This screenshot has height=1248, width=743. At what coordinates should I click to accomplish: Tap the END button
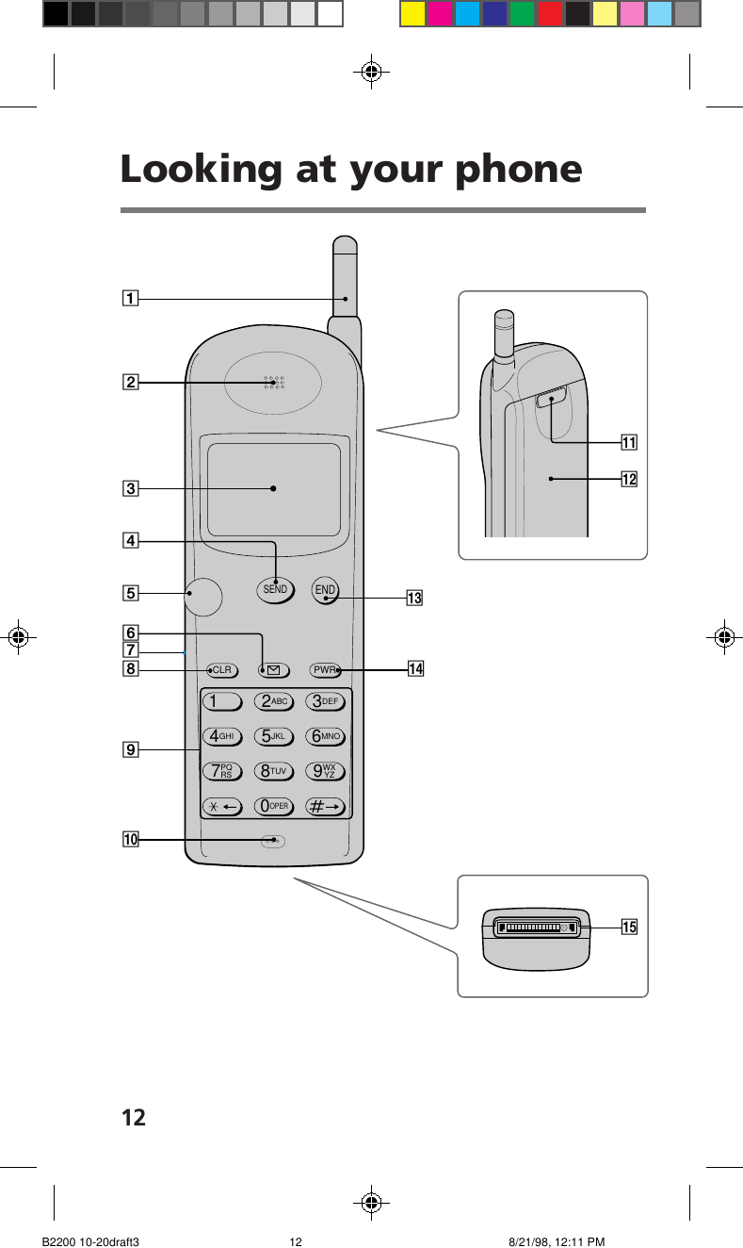pyautogui.click(x=326, y=591)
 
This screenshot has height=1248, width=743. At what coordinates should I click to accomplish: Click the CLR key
pyautogui.click(x=222, y=670)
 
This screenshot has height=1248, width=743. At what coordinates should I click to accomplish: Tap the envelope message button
pyautogui.click(x=273, y=670)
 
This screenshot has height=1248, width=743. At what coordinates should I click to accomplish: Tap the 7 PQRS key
pyautogui.click(x=223, y=772)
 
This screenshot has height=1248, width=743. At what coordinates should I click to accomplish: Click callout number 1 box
pyautogui.click(x=129, y=299)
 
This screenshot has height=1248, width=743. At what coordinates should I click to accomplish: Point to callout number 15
pyautogui.click(x=628, y=928)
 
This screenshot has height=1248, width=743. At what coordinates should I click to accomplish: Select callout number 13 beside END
pyautogui.click(x=413, y=598)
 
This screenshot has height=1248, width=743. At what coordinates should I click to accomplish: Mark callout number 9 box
pyautogui.click(x=129, y=749)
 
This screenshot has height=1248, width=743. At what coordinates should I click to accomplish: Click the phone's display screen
pyautogui.click(x=274, y=488)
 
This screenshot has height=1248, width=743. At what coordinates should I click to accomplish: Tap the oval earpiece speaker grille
pyautogui.click(x=273, y=383)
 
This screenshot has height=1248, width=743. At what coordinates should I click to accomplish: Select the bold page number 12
pyautogui.click(x=134, y=1118)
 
